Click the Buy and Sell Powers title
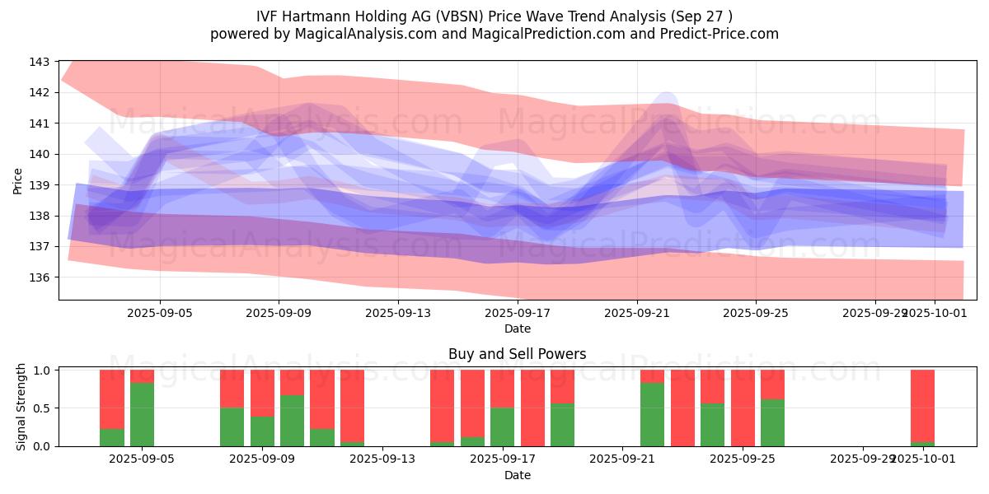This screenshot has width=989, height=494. tap(517, 354)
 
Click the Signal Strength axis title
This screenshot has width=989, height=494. tap(22, 408)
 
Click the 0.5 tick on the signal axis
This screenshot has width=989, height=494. tap(42, 408)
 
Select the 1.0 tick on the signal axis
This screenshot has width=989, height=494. tap(42, 370)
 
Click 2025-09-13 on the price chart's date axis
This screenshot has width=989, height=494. tap(398, 313)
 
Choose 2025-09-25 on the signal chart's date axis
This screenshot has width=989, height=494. tap(743, 459)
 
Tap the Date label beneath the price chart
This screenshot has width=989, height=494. tap(517, 329)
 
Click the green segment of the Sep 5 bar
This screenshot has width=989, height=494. tap(142, 414)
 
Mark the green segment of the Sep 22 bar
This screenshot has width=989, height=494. tap(652, 414)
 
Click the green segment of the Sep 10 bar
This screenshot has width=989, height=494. tap(292, 421)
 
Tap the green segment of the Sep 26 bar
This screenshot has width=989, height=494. tap(772, 422)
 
